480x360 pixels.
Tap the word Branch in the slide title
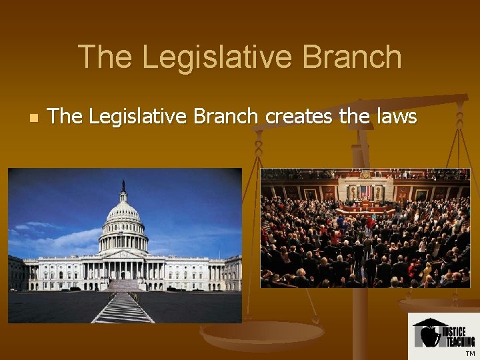coord(353,57)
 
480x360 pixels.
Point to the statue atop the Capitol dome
coord(123,185)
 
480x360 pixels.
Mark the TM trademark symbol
coord(470,353)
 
